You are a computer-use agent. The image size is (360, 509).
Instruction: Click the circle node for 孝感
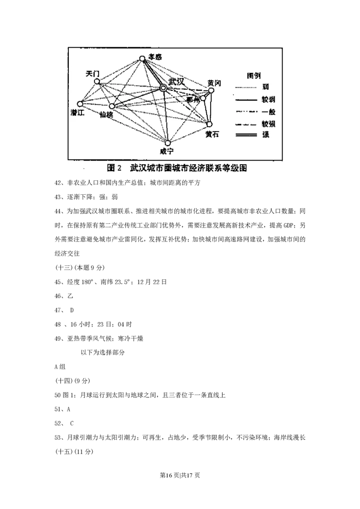pyautogui.click(x=142, y=58)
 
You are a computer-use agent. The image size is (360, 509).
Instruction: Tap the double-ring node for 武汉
pyautogui.click(x=163, y=89)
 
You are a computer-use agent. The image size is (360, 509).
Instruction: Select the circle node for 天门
pyautogui.click(x=97, y=81)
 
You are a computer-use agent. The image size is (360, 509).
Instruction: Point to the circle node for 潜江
pyautogui.click(x=81, y=104)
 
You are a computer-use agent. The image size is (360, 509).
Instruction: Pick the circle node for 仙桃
pyautogui.click(x=112, y=107)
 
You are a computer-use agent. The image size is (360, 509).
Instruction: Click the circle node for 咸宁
pyautogui.click(x=168, y=143)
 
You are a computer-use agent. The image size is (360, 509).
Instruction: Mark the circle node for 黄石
pyautogui.click(x=209, y=124)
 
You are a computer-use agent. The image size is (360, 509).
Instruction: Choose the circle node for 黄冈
pyautogui.click(x=211, y=90)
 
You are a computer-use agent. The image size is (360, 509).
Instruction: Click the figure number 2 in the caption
pyautogui.click(x=120, y=168)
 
